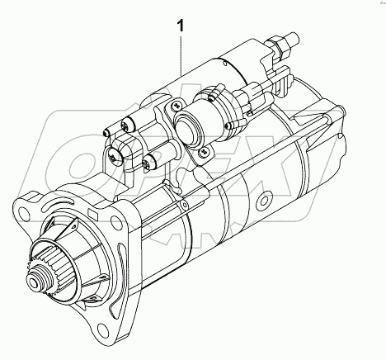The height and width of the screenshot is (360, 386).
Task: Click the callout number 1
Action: point(181,26)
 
